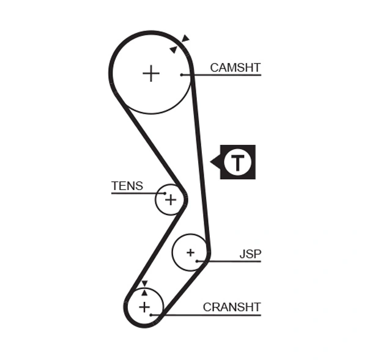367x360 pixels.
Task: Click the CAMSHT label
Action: (235, 67)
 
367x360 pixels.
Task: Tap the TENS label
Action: (127, 186)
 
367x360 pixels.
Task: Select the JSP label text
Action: (250, 253)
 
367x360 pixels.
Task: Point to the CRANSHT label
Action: (232, 307)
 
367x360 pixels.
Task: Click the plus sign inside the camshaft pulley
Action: (150, 73)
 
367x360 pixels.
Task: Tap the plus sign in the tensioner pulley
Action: (170, 199)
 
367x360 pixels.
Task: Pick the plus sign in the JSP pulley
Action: (190, 252)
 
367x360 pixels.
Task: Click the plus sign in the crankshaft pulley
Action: (144, 307)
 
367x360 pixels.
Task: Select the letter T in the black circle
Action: (237, 162)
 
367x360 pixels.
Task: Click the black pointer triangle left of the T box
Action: (215, 162)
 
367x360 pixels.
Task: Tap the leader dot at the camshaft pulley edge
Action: (182, 75)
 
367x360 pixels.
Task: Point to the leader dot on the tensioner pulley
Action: (165, 193)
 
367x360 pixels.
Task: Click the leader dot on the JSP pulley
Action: (198, 261)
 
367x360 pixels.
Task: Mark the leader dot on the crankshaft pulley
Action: (150, 315)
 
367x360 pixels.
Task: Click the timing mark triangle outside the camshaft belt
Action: (185, 39)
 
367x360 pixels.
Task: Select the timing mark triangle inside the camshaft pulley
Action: (174, 50)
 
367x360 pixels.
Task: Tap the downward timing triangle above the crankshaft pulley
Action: (144, 284)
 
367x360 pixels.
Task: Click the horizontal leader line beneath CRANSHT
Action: (208, 315)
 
